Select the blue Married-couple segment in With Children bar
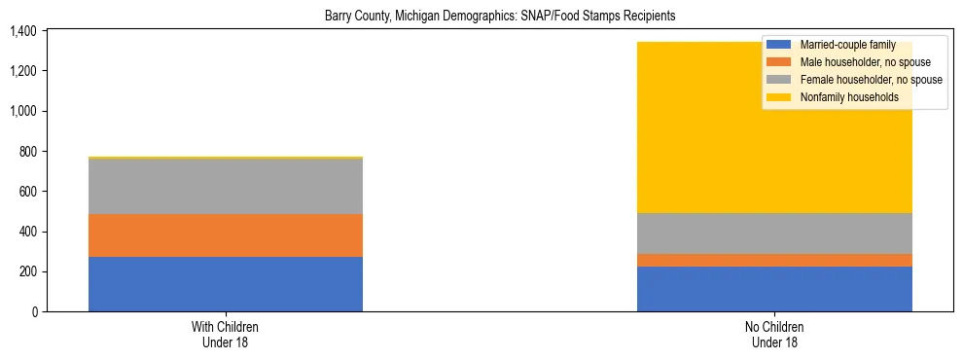click(226, 284)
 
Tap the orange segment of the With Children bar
click(226, 235)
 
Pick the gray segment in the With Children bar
click(226, 186)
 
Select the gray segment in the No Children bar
click(774, 234)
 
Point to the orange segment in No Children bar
click(774, 260)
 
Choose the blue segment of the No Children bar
click(774, 289)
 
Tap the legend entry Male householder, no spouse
click(859, 62)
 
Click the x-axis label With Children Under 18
click(226, 334)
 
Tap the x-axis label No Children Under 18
click(774, 334)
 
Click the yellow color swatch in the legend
click(779, 97)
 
